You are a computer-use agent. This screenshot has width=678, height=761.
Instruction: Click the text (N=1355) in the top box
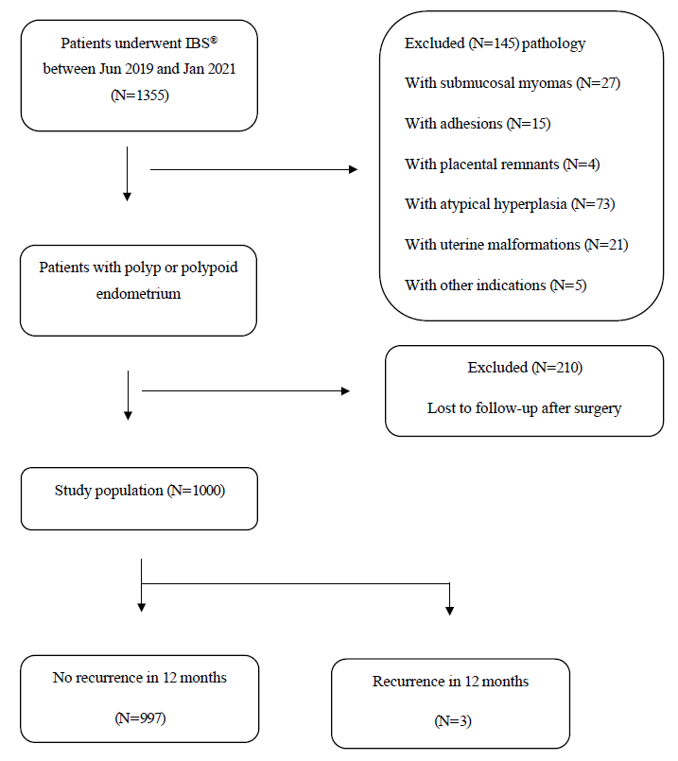(x=140, y=95)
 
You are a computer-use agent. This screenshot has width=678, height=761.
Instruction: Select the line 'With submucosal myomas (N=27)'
(x=513, y=83)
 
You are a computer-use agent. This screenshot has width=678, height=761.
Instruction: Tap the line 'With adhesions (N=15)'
(x=478, y=124)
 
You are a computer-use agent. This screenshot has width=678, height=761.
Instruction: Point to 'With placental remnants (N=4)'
(x=502, y=164)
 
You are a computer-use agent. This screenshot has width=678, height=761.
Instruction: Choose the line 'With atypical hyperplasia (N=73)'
(x=510, y=204)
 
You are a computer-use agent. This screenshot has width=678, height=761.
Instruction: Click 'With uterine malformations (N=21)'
(x=516, y=245)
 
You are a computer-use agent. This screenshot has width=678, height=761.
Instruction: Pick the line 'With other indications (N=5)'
(x=495, y=285)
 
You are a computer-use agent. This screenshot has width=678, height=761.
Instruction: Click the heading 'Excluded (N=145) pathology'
(x=495, y=43)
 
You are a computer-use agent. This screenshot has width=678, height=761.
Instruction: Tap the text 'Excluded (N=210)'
(x=525, y=368)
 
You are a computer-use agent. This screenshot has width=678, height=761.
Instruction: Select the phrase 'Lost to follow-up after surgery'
(x=524, y=408)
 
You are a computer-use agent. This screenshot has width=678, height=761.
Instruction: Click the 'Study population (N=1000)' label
(x=140, y=491)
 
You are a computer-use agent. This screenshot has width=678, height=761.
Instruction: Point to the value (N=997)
(x=140, y=718)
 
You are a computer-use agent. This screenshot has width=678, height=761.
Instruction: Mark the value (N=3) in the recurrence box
(x=453, y=721)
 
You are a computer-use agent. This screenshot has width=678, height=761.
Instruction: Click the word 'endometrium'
(x=138, y=294)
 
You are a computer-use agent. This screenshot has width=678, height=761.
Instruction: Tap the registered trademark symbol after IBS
(x=214, y=40)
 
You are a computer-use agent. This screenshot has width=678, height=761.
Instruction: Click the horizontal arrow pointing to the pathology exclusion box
(x=253, y=169)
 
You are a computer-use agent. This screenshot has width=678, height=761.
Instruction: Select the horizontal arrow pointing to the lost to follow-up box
(x=246, y=390)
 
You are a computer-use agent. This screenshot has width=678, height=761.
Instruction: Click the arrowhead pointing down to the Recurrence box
(x=449, y=611)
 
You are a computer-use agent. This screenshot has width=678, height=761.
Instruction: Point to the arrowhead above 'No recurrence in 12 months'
(x=141, y=607)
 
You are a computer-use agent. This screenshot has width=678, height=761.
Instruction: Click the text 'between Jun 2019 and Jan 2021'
(x=139, y=69)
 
